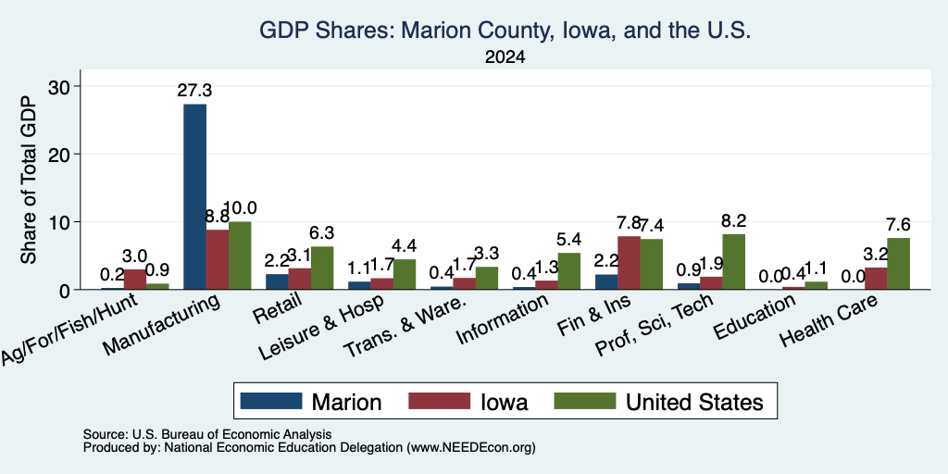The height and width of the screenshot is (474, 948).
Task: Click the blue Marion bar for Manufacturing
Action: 194,196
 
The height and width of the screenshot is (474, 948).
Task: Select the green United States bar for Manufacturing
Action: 240,256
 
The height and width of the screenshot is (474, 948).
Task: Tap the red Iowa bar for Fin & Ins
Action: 629,262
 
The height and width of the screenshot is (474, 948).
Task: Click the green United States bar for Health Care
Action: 898,264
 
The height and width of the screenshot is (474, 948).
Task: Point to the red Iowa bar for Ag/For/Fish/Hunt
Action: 135,280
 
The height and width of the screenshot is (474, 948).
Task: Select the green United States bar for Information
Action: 569,271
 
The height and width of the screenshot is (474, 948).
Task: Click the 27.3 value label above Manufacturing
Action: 194,91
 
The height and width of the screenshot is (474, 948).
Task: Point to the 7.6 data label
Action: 898,224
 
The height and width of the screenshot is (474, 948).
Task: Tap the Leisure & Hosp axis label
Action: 321,328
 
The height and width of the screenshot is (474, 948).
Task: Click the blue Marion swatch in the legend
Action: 271,401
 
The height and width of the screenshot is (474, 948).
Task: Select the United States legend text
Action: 694,402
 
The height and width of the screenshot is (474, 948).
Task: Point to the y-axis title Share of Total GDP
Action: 29,181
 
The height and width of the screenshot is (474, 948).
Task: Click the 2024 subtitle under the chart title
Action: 505,57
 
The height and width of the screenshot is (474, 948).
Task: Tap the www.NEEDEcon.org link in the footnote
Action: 471,448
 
